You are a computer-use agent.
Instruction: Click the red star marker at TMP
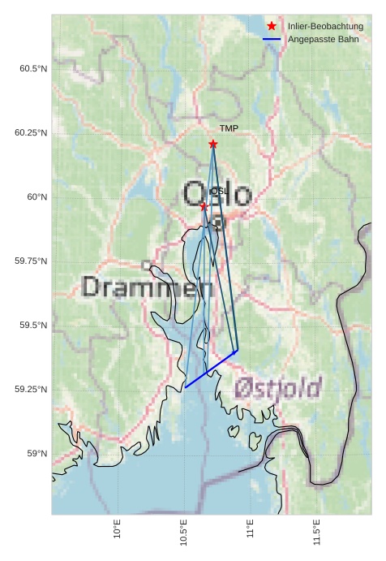pyautogui.click(x=212, y=144)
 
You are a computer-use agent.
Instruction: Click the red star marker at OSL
pyautogui.click(x=204, y=206)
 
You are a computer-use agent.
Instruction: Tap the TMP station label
pyautogui.click(x=229, y=129)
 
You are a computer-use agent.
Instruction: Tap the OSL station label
pyautogui.click(x=219, y=192)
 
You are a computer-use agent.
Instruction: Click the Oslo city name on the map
pyautogui.click(x=217, y=195)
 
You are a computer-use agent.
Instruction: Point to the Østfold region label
pyautogui.click(x=278, y=388)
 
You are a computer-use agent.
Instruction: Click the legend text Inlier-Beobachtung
pyautogui.click(x=325, y=27)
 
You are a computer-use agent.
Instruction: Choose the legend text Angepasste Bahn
pyautogui.click(x=323, y=39)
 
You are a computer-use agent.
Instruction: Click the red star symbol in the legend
pyautogui.click(x=272, y=27)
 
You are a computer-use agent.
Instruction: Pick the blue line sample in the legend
pyautogui.click(x=272, y=39)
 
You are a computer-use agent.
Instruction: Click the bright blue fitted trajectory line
pyautogui.click(x=211, y=369)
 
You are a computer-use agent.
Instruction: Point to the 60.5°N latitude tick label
pyautogui.click(x=33, y=69)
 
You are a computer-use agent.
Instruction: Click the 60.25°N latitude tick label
pyautogui.click(x=31, y=133)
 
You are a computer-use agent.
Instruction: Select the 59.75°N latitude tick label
pyautogui.click(x=31, y=261)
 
